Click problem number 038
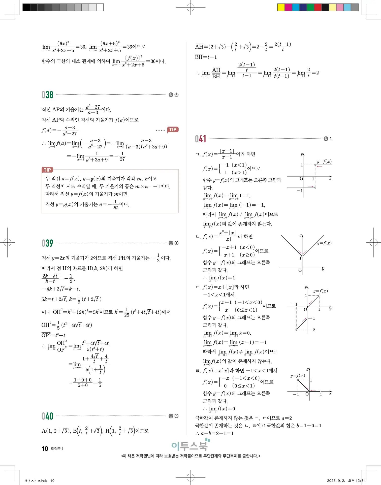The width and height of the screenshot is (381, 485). coord(47,95)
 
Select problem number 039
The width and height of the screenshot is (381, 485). coord(47,243)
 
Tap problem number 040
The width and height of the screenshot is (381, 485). coord(47,416)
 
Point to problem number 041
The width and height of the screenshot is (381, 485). coord(201,139)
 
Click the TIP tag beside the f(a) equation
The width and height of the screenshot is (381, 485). coord(173,130)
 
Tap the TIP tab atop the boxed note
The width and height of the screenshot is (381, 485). coord(47,170)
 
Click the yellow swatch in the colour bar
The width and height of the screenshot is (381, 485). coord(281,7)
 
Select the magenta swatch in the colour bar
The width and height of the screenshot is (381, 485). coord(289,7)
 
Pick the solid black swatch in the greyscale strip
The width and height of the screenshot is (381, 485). coord(26,7)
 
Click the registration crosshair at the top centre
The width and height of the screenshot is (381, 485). coord(190,7)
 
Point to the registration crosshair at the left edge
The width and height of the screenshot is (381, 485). coord(8,243)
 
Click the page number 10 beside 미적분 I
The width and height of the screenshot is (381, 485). coord(45,449)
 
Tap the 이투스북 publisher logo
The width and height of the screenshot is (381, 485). coord(190,446)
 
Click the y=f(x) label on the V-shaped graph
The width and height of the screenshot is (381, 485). coord(324,243)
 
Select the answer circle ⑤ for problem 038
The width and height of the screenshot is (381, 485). coord(176,95)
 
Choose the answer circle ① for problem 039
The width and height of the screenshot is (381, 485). coord(176,243)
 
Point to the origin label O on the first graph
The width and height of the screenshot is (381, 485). coord(301,179)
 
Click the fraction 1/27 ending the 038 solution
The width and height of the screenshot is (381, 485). coord(122,156)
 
